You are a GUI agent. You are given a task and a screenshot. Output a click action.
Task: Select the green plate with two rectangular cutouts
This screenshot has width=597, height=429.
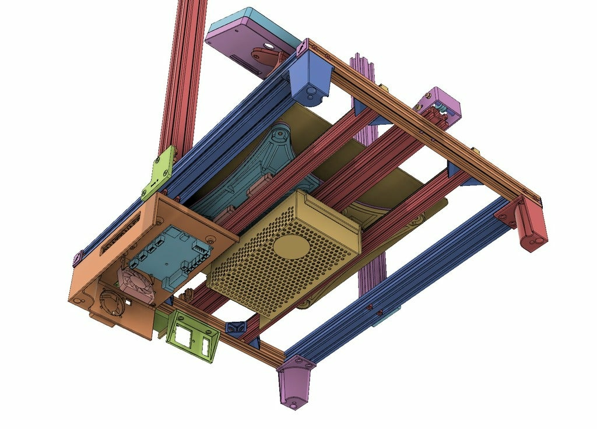(x=192, y=338)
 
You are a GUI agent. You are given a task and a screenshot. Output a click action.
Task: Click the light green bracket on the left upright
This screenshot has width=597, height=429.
(x=159, y=172)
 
